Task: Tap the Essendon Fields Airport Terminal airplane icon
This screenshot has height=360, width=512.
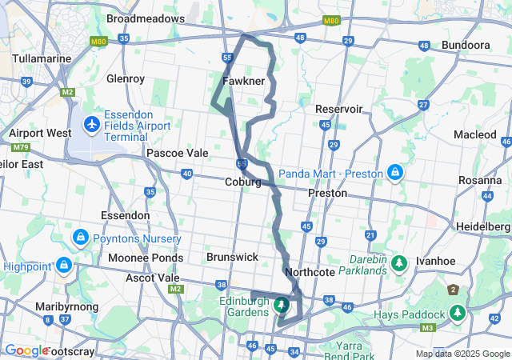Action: click(92, 125)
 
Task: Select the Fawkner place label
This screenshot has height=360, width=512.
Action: click(243, 81)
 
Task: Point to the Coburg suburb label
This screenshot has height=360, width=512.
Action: click(242, 182)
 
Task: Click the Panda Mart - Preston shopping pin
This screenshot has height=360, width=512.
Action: click(395, 173)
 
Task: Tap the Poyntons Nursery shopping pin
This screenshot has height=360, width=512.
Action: click(80, 238)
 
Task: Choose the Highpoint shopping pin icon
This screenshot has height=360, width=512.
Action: click(63, 265)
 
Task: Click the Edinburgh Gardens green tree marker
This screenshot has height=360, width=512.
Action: click(282, 305)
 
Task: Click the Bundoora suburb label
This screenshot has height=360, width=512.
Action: click(465, 45)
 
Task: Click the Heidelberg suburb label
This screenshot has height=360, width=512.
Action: click(483, 226)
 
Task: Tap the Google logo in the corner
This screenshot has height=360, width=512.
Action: click(26, 350)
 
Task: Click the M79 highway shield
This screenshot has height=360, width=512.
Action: click(18, 148)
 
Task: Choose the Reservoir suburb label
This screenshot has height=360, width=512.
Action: click(338, 108)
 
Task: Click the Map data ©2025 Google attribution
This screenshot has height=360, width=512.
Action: click(462, 354)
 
